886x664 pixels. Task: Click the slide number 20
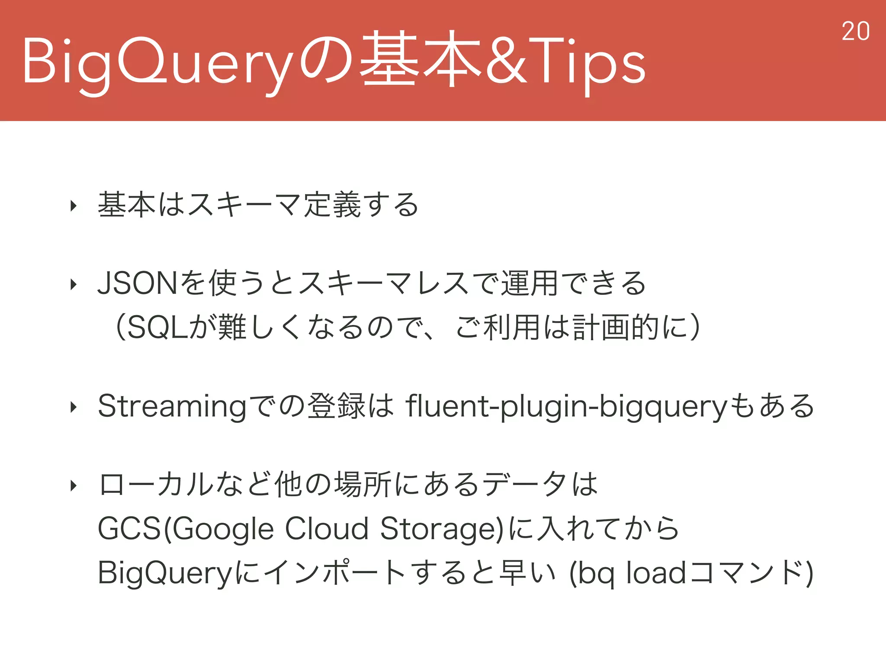coord(855,32)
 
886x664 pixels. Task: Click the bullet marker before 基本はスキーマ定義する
coord(74,206)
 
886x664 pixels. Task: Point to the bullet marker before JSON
coord(74,284)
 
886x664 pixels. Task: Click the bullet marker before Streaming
coord(74,407)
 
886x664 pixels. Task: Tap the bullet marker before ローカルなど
coord(74,486)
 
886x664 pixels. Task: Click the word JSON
coord(138,284)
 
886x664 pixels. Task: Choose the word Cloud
coord(327,529)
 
